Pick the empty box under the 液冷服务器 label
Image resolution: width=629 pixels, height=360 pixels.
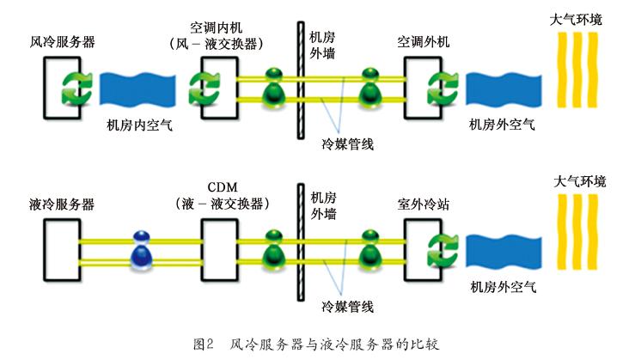coord(65,245)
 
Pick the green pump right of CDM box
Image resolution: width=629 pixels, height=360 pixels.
coord(273,245)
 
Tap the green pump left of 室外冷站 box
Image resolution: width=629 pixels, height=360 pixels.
coord(370,245)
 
